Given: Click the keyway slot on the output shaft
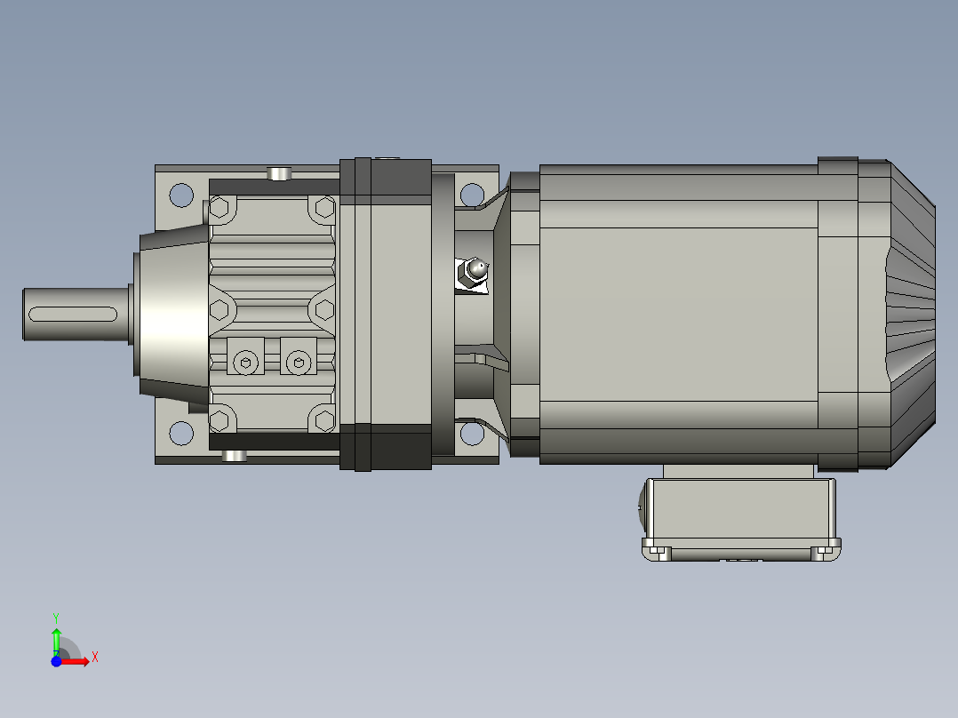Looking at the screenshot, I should click(x=75, y=314).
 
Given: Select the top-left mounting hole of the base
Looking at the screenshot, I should click(x=181, y=194).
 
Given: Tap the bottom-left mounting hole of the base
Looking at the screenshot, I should click(x=181, y=433).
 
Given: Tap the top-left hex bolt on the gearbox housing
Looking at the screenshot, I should click(x=220, y=210).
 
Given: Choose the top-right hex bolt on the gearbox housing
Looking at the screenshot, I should click(x=323, y=210).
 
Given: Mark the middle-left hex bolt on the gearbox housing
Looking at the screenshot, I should click(x=220, y=311).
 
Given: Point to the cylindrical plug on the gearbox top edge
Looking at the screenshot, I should click(x=280, y=172).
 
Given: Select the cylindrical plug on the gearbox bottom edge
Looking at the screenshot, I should click(x=234, y=456).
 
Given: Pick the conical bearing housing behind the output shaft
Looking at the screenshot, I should click(x=172, y=311).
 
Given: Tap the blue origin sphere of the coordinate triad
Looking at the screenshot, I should click(x=56, y=662).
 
